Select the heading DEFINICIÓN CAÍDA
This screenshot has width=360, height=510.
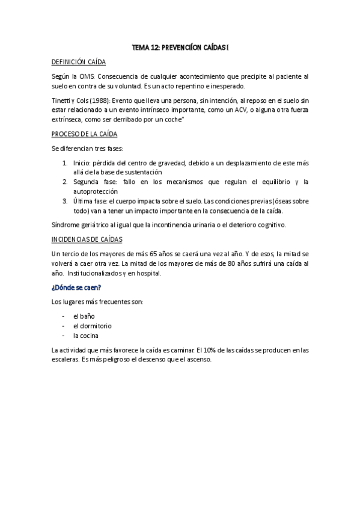coord(79,61)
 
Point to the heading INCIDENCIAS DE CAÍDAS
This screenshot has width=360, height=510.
coord(87,239)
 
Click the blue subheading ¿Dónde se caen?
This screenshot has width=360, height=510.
coord(76,287)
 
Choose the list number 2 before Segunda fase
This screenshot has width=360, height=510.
coord(64,181)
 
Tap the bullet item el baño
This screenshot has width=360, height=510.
coord(84,316)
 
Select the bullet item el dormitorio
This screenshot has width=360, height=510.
coord(92,326)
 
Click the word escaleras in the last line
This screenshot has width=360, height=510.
coord(68,360)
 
